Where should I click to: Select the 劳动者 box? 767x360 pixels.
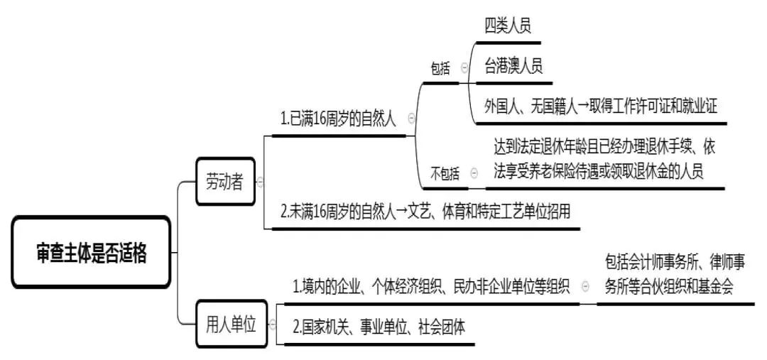(224, 181)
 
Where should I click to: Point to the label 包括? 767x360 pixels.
(440, 69)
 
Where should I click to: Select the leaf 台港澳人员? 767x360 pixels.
(513, 67)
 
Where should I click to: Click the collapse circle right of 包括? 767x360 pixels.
(464, 69)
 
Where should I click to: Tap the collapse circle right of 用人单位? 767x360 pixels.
(272, 324)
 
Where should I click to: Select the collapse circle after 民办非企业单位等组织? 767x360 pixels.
(585, 286)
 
